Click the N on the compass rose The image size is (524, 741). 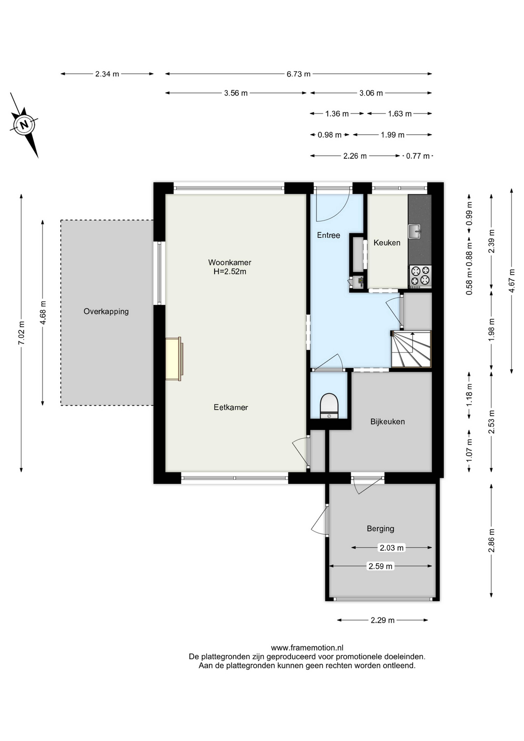24,125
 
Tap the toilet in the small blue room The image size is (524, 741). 329,406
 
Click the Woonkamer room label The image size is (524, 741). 230,262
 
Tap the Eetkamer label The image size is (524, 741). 231,407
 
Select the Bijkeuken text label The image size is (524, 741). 388,421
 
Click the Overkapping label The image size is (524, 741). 106,311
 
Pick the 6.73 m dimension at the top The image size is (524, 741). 298,74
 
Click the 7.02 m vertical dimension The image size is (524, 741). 21,333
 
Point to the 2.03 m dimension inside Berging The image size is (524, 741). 391,548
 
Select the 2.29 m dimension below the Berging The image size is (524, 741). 383,620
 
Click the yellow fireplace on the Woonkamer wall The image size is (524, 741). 174,359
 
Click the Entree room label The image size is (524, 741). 328,235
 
